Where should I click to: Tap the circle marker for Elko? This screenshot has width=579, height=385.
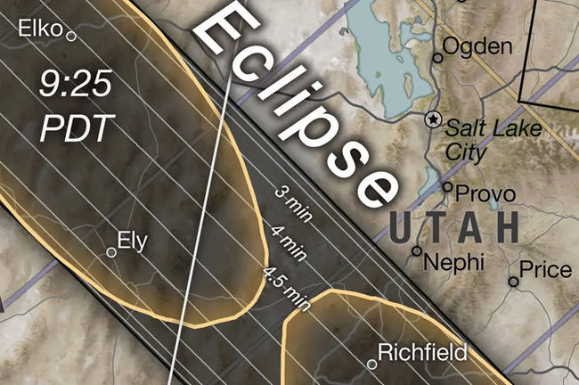pyautogui.click(x=71, y=37)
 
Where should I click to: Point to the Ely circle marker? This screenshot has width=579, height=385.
pyautogui.click(x=111, y=252)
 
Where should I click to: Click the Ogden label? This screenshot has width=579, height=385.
pyautogui.click(x=477, y=45)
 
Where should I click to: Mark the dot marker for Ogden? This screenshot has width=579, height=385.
pyautogui.click(x=437, y=58)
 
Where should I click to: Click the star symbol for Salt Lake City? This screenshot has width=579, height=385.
pyautogui.click(x=434, y=119)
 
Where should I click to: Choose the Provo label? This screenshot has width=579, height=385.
pyautogui.click(x=485, y=192)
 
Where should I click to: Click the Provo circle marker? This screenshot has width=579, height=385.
pyautogui.click(x=448, y=187)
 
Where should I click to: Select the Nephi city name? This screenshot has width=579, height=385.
pyautogui.click(x=454, y=262)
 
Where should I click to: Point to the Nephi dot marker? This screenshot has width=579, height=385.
pyautogui.click(x=416, y=251)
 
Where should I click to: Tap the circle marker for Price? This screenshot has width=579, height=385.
pyautogui.click(x=513, y=282)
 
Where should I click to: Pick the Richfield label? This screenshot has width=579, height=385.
pyautogui.click(x=422, y=353)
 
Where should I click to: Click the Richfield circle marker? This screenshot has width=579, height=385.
pyautogui.click(x=372, y=363)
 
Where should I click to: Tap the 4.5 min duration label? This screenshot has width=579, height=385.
pyautogui.click(x=285, y=287)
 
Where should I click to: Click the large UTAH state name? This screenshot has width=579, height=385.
pyautogui.click(x=454, y=227)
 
